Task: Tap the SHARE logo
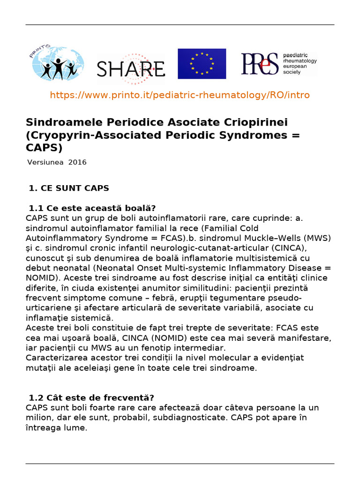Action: click(x=131, y=68)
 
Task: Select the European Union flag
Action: click(x=202, y=64)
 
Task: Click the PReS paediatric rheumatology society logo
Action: click(x=279, y=64)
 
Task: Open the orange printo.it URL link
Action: click(x=180, y=95)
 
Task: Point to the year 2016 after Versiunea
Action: click(x=77, y=163)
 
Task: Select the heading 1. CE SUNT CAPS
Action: click(x=68, y=188)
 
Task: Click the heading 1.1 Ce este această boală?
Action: click(x=92, y=208)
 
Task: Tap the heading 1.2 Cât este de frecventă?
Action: click(x=91, y=398)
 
